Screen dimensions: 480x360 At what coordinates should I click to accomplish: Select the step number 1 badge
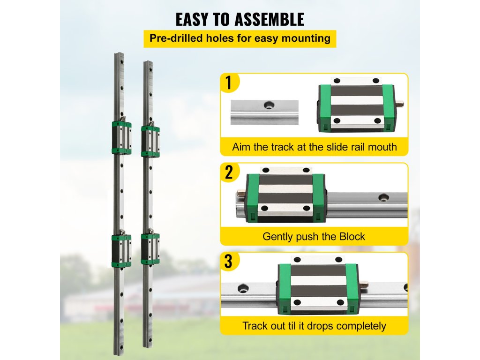coord(229,83)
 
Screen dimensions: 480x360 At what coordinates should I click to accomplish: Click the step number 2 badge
coord(229,172)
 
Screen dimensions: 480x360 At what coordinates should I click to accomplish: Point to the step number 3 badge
coord(229,262)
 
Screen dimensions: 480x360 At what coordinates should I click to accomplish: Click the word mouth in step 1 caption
coord(382,147)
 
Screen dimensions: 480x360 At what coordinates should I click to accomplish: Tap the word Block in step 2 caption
coord(353,236)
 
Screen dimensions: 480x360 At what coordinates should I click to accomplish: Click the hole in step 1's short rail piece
coord(269,105)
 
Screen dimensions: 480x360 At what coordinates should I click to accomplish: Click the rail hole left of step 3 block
coord(243,288)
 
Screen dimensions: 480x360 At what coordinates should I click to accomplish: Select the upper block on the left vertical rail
coord(121,138)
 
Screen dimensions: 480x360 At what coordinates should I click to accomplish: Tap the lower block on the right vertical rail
coord(150,248)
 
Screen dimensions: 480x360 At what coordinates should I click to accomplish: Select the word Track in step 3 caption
coord(254,325)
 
